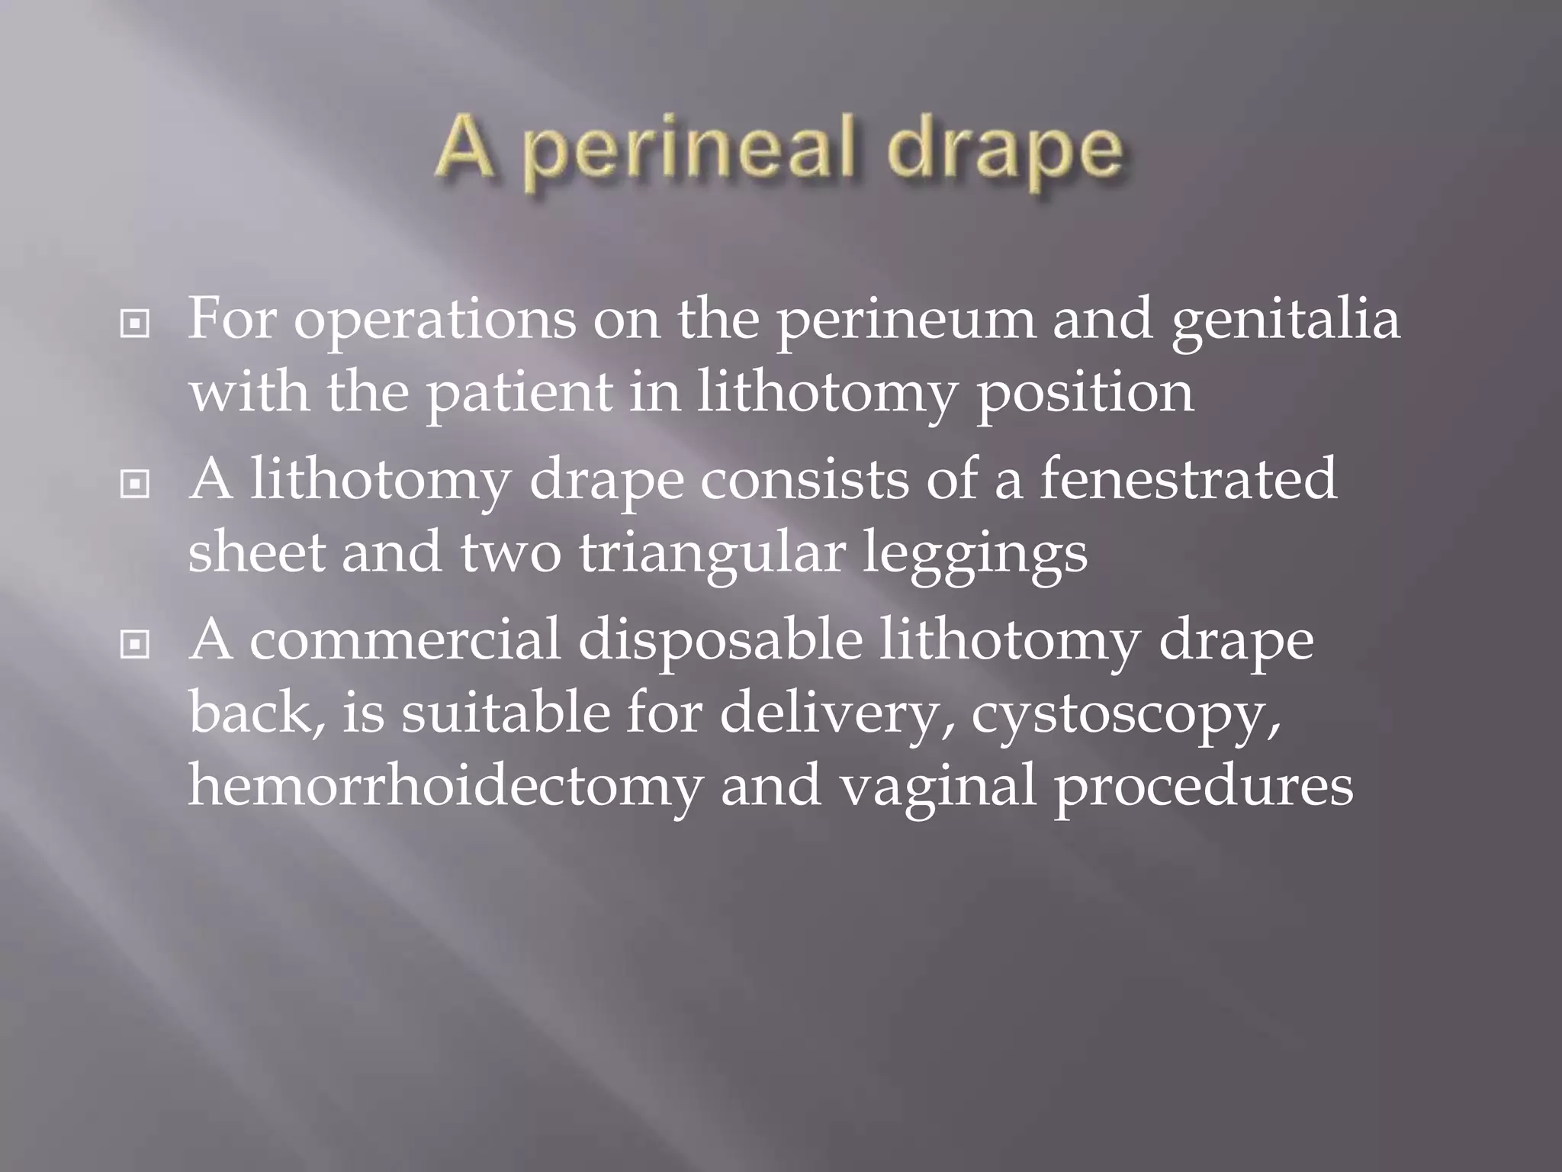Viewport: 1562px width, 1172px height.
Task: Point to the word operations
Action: [435, 320]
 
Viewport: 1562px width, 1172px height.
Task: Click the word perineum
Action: [906, 320]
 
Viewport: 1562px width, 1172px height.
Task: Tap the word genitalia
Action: [1286, 320]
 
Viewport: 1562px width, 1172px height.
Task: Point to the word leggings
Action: [975, 554]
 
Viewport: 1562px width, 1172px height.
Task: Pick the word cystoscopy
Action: [1126, 714]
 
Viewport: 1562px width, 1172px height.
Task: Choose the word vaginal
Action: [938, 786]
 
